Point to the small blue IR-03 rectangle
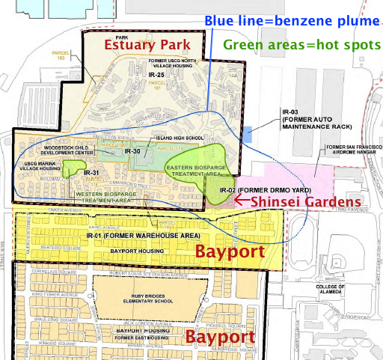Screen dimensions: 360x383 248,134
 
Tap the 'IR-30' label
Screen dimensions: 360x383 132,152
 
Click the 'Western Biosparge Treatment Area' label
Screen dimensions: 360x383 103,197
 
